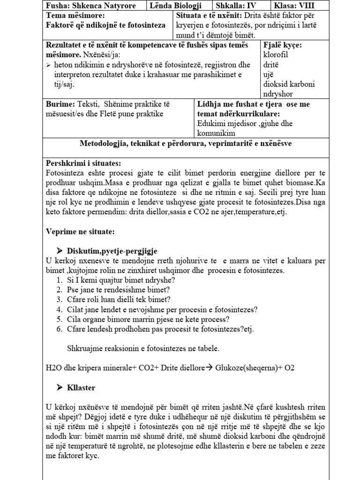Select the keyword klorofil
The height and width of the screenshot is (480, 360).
(277, 55)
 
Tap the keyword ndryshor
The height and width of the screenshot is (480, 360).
(279, 94)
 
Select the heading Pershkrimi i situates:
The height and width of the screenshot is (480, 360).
(83, 163)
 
